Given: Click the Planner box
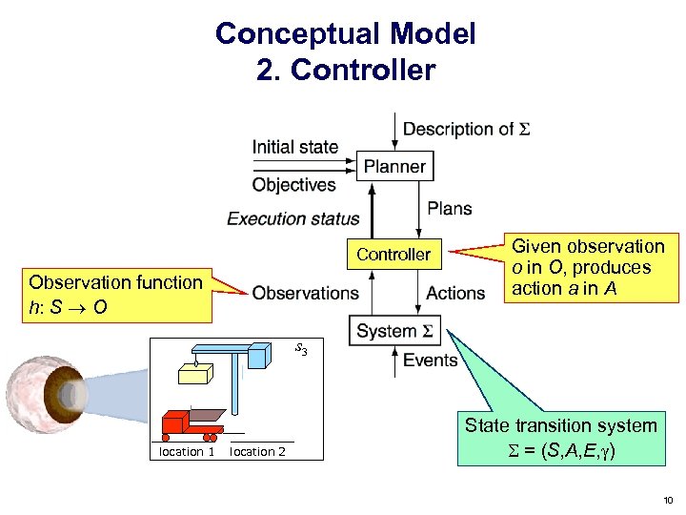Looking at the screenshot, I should coord(394,166).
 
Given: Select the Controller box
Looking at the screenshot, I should coord(393,255).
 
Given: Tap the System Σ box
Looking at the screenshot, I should coord(394,331).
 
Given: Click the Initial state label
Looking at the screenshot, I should coord(295,147).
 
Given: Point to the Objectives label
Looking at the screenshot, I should coord(294,184).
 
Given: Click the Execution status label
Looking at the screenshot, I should coord(293,218).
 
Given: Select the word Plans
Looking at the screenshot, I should coord(449,209).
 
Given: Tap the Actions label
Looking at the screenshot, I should coord(455,293).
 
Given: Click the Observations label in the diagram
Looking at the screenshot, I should coord(306,293).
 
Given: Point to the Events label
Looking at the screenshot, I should coord(431,360).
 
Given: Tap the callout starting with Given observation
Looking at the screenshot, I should coord(588,268).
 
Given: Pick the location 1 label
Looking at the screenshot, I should coord(186,452).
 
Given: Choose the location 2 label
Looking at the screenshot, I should coord(257,452).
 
